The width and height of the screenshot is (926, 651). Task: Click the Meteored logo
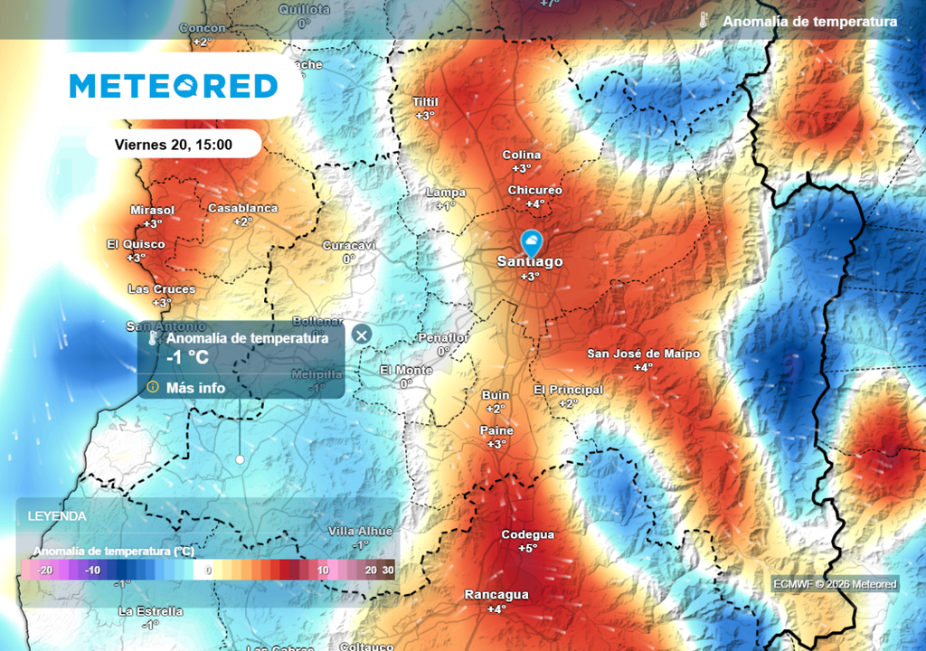pyautogui.click(x=174, y=86)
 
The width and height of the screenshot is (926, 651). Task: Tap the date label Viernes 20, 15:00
pyautogui.click(x=174, y=144)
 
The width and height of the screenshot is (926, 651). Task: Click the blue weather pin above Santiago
pyautogui.click(x=531, y=242)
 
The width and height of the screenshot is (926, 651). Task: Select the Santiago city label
pyautogui.click(x=530, y=261)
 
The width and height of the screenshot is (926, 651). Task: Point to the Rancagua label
pyautogui.click(x=496, y=595)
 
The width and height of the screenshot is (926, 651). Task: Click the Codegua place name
pyautogui.click(x=528, y=534)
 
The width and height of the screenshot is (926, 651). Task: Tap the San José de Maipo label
pyautogui.click(x=643, y=354)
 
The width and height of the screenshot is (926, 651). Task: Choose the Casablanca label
pyautogui.click(x=243, y=208)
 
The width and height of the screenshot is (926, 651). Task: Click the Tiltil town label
pyautogui.click(x=425, y=102)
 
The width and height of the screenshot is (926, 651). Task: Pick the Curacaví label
pyautogui.click(x=349, y=245)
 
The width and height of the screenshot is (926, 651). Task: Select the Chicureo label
pyautogui.click(x=534, y=190)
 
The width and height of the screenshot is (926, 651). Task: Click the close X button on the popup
pyautogui.click(x=362, y=335)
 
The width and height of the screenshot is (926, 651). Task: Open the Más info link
pyautogui.click(x=196, y=387)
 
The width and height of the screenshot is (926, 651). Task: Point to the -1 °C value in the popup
pyautogui.click(x=188, y=357)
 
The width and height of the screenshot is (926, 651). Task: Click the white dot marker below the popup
pyautogui.click(x=240, y=459)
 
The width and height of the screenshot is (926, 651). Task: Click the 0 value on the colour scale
pyautogui.click(x=208, y=571)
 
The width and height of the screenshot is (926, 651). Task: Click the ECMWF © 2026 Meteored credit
pyautogui.click(x=835, y=584)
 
